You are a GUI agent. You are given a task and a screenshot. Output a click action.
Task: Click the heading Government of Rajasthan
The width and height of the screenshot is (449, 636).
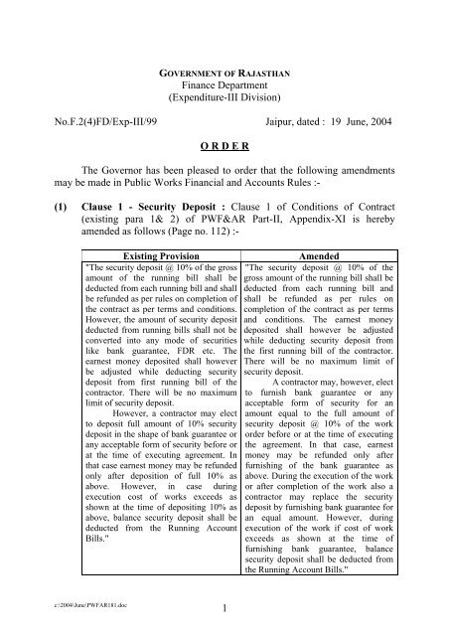(224, 74)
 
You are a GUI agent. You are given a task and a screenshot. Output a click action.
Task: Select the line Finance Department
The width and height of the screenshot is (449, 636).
(224, 87)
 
